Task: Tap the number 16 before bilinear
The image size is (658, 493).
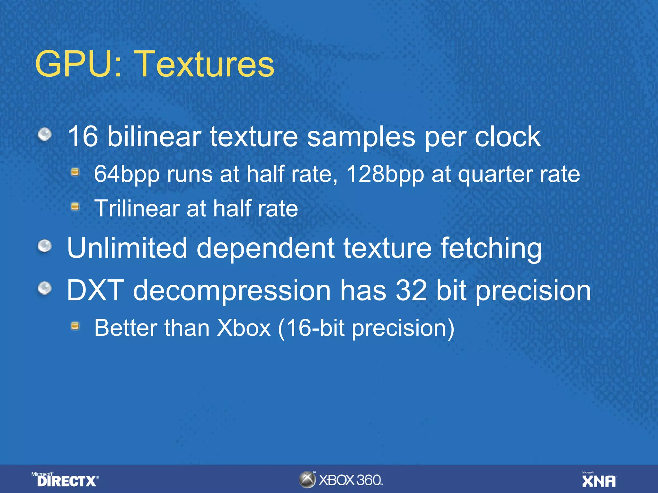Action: coord(83,136)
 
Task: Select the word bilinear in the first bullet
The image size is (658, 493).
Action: coord(154,136)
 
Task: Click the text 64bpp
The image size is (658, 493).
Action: coord(127,174)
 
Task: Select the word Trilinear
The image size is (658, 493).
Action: coord(137,209)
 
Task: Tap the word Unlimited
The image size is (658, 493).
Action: coord(127,248)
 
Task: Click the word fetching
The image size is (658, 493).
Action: coord(491,248)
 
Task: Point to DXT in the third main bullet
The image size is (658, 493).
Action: coord(95,290)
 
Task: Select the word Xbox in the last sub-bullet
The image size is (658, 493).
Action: coord(244,328)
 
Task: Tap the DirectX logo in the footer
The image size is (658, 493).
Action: coord(66,480)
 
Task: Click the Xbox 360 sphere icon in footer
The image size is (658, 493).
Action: coord(307,480)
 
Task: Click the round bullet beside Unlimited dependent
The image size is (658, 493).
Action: coord(45,247)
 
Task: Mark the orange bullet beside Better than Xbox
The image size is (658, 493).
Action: coord(75,326)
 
